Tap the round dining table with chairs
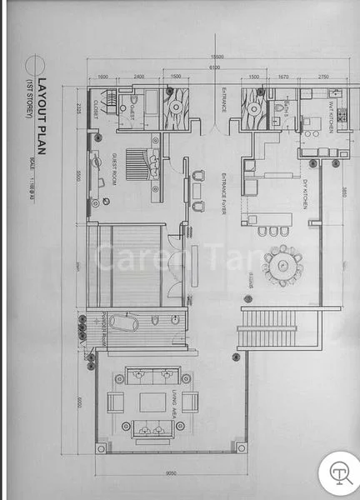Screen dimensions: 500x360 [x=282, y=264]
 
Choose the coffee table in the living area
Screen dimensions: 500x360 [x=152, y=402]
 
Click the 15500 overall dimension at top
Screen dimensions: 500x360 [x=217, y=56]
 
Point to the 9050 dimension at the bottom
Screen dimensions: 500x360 [x=171, y=476]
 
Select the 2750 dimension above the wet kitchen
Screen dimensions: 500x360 [x=323, y=77]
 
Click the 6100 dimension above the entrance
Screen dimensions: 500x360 [x=215, y=67]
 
